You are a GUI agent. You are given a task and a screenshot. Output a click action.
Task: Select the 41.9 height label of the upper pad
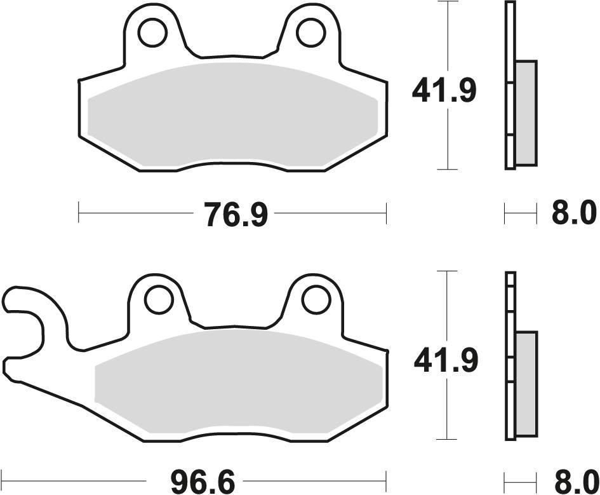(444, 91)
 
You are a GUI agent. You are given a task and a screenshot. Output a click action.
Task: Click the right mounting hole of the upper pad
(309, 33)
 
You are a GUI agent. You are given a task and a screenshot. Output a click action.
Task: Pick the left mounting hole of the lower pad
(158, 299)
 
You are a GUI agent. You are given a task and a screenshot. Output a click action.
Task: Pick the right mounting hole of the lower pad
(315, 299)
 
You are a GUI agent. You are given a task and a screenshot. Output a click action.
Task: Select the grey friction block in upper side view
(526, 111)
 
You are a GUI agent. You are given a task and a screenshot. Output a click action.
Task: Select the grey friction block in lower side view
(527, 381)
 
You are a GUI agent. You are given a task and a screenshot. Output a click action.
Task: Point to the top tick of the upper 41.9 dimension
(448, 3)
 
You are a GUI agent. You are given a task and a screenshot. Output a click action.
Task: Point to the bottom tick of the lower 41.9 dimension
(448, 439)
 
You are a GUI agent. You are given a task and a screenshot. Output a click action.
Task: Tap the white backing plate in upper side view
(510, 86)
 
